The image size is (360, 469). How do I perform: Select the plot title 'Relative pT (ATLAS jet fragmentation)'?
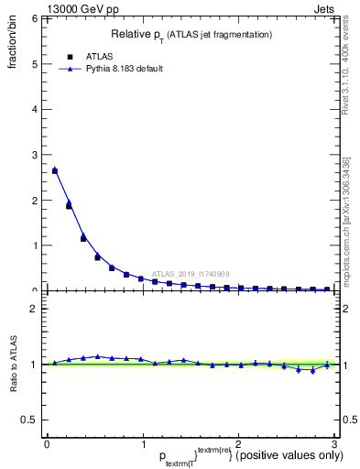click(x=191, y=35)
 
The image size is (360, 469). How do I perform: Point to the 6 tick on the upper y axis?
click(x=34, y=19)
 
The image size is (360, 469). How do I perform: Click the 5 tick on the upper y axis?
click(x=34, y=64)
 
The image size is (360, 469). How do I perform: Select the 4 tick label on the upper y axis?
click(x=34, y=109)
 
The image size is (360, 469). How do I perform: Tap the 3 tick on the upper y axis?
click(x=34, y=155)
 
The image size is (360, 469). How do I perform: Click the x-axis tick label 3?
click(x=334, y=442)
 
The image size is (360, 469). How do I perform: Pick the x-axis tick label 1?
click(x=142, y=442)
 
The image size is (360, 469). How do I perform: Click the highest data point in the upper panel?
click(x=55, y=170)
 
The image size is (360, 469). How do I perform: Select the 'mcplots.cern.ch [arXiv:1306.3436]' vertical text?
click(x=345, y=220)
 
